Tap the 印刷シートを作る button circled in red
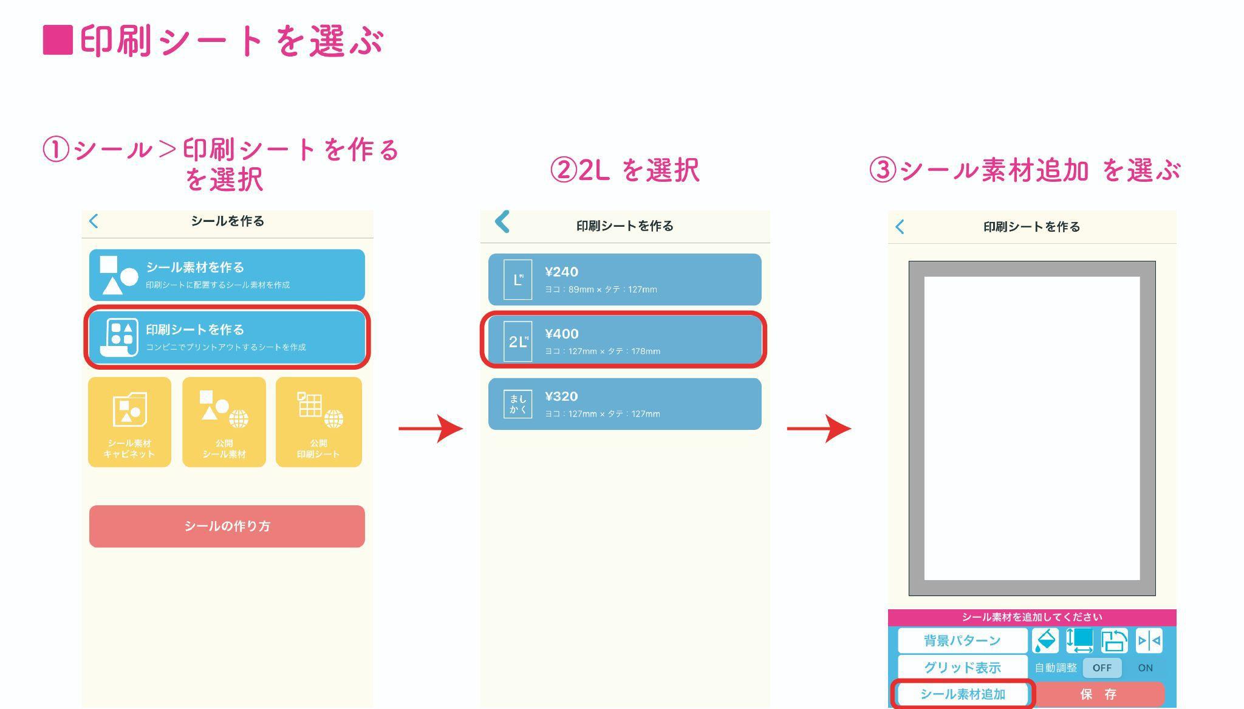point(227,337)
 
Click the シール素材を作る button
point(227,275)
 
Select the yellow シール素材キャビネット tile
point(129,422)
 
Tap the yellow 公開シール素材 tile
point(224,422)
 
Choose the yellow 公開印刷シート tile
point(319,422)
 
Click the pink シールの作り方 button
point(227,526)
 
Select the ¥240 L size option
point(624,280)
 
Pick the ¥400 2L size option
point(624,341)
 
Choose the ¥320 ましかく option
point(624,404)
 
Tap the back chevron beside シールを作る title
point(94,221)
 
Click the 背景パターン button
point(962,640)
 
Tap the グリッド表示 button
point(962,667)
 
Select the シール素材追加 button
point(962,694)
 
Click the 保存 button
point(1098,694)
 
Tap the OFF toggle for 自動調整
point(1102,668)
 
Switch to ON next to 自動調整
point(1145,668)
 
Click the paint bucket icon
point(1045,640)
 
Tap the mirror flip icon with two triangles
point(1149,640)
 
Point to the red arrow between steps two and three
point(819,429)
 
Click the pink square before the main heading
point(58,40)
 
